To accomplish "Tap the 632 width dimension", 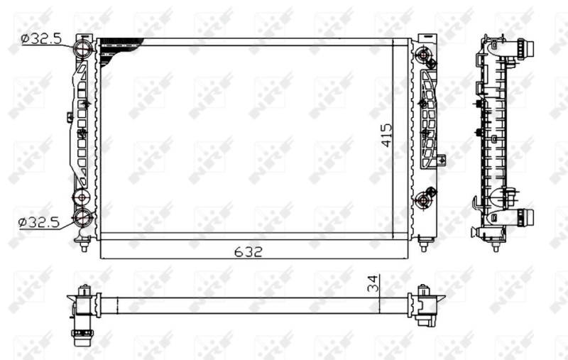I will [249, 251].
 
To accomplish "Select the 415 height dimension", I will [386, 134].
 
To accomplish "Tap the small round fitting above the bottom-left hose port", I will [82, 196].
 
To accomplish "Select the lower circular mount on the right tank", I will [425, 201].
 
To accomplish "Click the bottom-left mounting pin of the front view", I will [84, 245].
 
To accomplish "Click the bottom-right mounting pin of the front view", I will [425, 245].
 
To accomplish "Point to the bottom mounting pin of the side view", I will [496, 245].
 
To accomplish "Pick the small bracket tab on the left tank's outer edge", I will [70, 116].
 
